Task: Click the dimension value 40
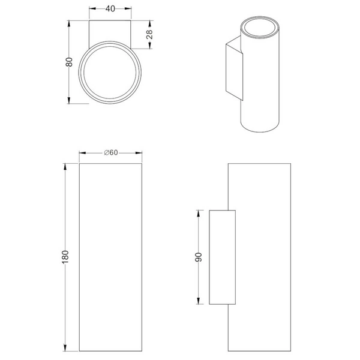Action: tap(110, 9)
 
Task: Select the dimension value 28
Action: tap(149, 34)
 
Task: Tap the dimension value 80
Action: tap(69, 62)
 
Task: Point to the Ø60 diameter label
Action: tap(111, 152)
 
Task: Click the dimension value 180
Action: tap(65, 257)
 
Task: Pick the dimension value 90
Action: tap(198, 257)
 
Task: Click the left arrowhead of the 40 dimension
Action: tap(92, 9)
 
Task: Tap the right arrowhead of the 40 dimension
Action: tap(128, 9)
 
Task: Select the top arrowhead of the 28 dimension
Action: tap(150, 24)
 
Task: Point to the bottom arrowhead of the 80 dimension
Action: tap(68, 100)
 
